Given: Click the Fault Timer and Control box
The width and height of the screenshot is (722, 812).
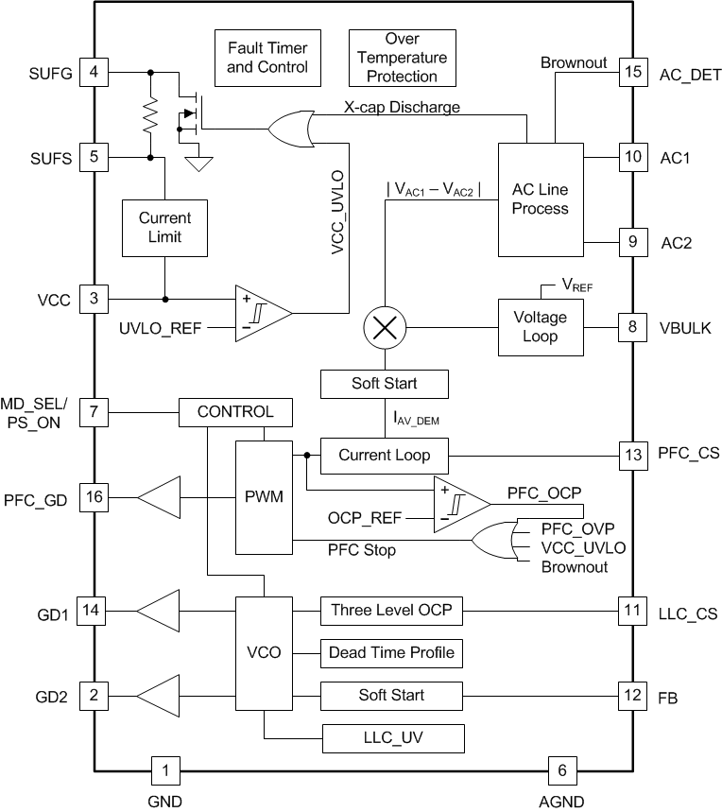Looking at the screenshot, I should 267,58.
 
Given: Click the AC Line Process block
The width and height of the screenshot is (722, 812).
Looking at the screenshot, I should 540,199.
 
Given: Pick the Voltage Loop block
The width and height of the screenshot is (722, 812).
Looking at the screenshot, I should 540,326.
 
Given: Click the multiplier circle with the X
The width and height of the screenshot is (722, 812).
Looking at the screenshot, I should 385,328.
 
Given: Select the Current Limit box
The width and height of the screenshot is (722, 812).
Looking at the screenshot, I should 164,227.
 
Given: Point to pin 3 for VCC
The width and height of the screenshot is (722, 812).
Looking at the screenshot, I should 94,298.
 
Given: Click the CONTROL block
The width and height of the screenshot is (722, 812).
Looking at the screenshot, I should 235,412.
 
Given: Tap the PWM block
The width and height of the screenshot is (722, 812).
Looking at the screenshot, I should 265,496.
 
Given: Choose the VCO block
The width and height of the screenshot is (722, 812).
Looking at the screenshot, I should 264,652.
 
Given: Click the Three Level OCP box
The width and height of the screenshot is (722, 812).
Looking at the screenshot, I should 391,611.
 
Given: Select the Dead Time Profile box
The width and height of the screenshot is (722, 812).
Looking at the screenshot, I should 391,652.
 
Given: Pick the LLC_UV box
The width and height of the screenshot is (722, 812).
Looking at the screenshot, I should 392,737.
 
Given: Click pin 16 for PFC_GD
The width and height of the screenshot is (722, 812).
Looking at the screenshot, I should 94,496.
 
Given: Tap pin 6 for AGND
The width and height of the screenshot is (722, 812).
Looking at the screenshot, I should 562,770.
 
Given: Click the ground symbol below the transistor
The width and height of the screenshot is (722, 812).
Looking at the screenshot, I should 198,164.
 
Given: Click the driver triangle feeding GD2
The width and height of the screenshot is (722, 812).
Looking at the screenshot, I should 159,696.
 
